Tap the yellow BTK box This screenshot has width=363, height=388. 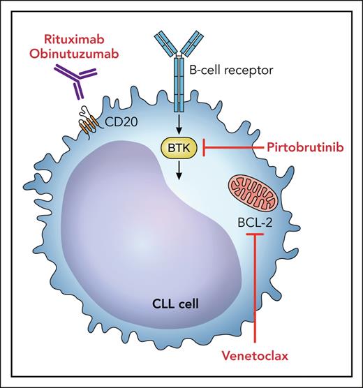pos(178,147)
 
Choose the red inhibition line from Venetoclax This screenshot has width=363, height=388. pos(255,293)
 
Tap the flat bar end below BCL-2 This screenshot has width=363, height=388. pos(255,239)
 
